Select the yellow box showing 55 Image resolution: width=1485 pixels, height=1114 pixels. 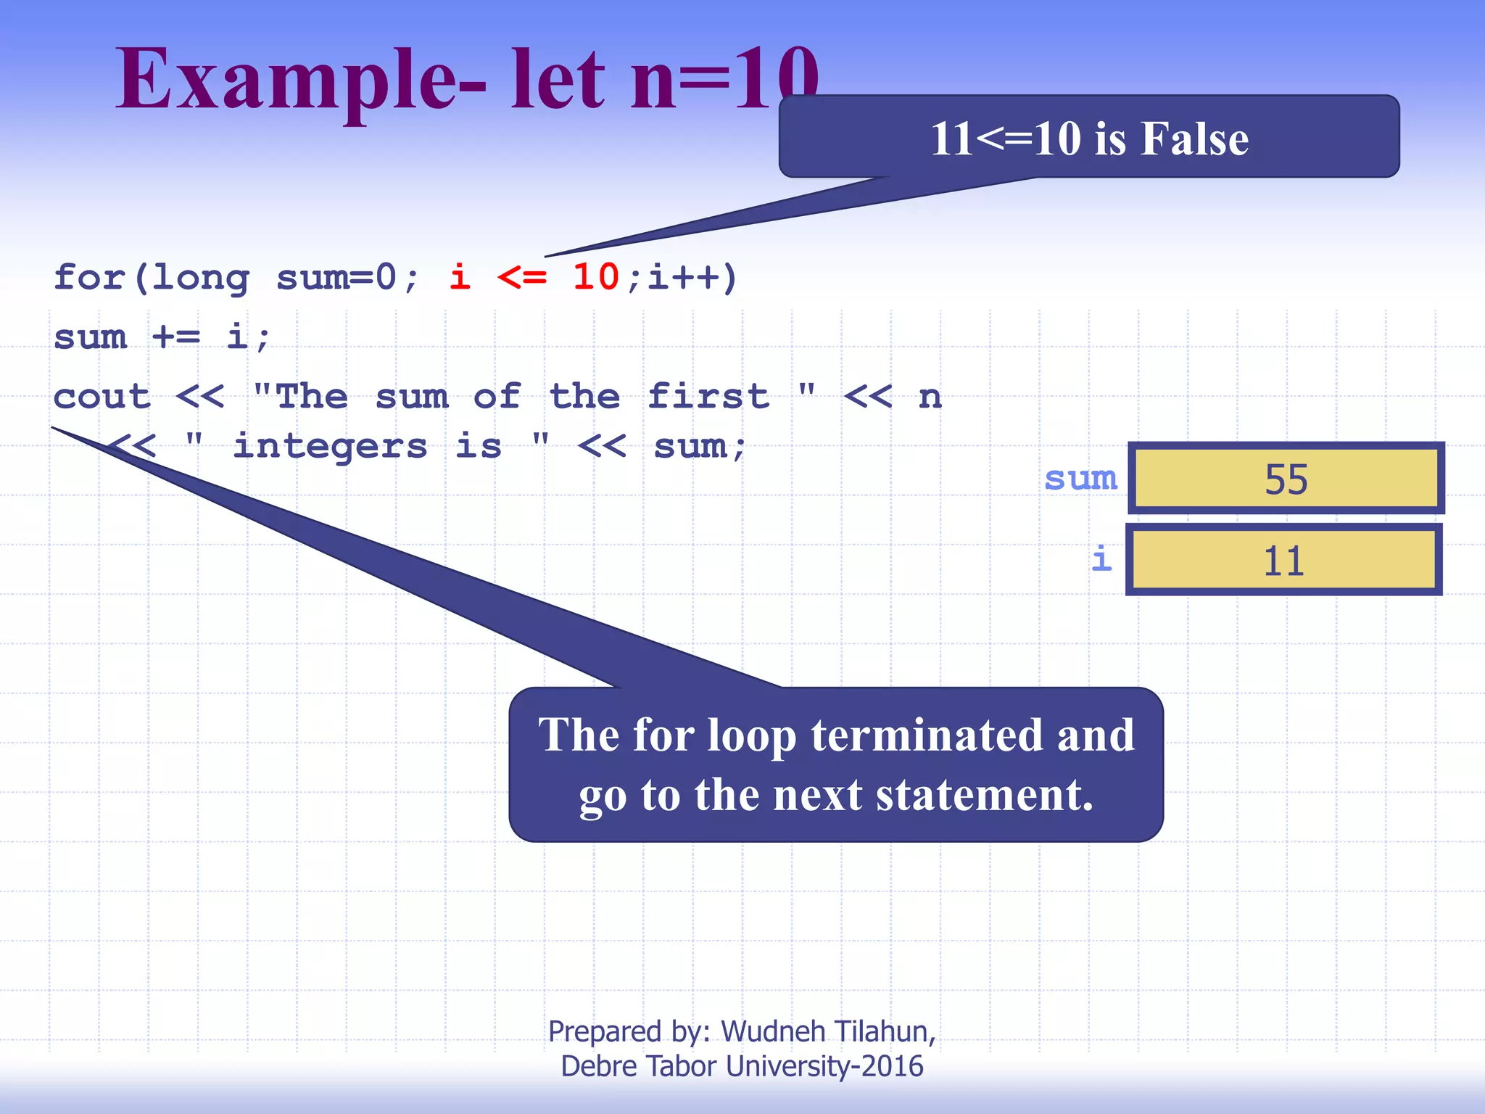coord(1286,479)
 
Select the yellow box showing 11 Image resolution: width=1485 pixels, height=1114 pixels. coord(1283,561)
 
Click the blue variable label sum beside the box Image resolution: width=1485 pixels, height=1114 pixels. coord(1080,479)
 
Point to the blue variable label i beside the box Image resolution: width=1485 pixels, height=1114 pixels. coord(1101,559)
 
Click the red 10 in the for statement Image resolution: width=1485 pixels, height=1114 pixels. coord(595,277)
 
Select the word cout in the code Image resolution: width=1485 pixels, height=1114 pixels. coord(102,397)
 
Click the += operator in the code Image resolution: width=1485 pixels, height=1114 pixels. coord(176,337)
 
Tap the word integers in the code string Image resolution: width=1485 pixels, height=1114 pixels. coord(331,446)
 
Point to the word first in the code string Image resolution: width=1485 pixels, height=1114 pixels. coord(708,397)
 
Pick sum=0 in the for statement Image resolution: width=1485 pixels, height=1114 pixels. coord(336,277)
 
